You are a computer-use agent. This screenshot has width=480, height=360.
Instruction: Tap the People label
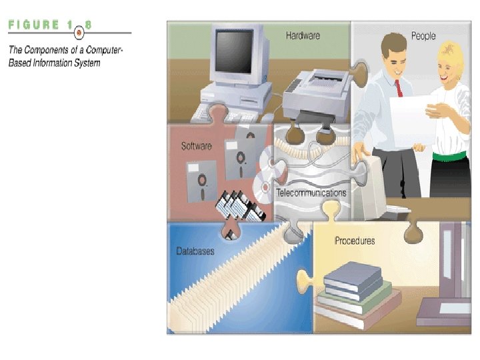click(x=423, y=35)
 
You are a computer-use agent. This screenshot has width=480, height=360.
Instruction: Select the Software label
click(x=196, y=146)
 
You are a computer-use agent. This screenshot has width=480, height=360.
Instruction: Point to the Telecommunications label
click(x=311, y=193)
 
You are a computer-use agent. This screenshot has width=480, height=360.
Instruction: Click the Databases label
click(x=195, y=251)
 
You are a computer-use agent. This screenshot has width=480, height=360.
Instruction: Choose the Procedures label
click(x=355, y=241)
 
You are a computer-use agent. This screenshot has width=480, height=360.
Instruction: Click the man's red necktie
click(x=399, y=87)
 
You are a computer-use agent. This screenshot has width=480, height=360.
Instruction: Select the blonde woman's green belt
click(x=450, y=156)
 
